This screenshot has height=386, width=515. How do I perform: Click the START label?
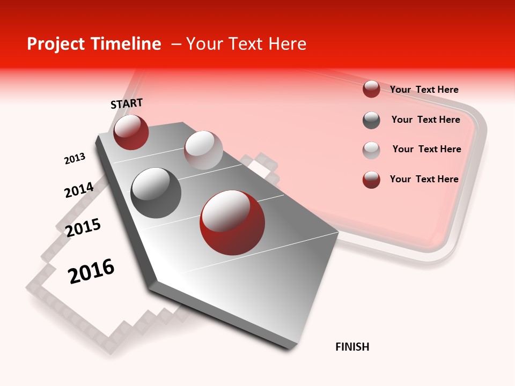127,103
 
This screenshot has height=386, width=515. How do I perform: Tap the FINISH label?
352,347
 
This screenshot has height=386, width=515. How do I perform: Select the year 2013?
75,159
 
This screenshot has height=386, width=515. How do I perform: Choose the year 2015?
83,228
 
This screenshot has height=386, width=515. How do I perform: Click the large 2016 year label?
91,271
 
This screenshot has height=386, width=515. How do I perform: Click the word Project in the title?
56,44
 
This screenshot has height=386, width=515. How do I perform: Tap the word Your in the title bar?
204,44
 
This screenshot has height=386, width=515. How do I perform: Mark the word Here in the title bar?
287,44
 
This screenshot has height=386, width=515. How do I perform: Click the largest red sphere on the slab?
232,222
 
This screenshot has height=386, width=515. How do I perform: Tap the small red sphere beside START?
131,132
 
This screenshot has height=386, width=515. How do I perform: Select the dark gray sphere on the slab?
156,192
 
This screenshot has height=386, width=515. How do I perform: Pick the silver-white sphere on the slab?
203,150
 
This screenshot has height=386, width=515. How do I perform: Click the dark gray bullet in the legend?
371,120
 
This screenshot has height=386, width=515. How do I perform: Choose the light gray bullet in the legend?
371,150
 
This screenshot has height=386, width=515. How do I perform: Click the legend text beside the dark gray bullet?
425,120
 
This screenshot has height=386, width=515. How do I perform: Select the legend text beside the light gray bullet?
426,149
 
